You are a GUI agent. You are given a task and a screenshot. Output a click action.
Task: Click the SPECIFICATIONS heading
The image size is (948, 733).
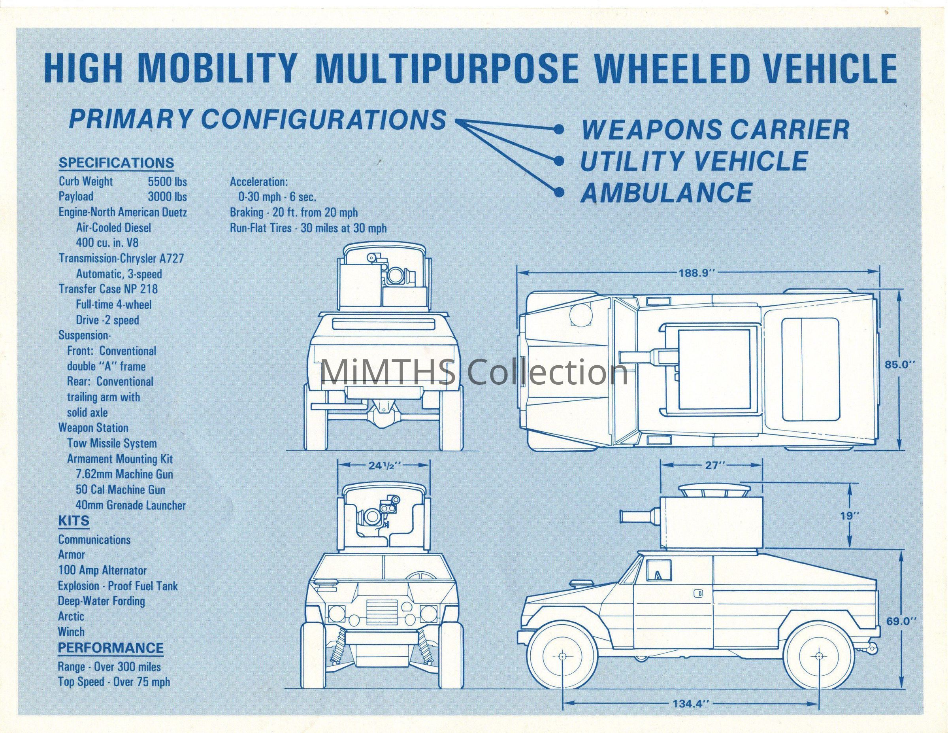(x=116, y=163)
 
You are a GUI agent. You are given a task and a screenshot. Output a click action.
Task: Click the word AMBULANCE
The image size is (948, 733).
(x=666, y=193)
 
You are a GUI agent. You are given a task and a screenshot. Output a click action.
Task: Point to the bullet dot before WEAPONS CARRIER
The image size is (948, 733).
(x=560, y=129)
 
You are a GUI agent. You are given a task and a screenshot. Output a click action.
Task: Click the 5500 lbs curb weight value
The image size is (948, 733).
(x=167, y=181)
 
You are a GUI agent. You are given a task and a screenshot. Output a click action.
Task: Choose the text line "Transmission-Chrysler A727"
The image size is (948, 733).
(x=121, y=259)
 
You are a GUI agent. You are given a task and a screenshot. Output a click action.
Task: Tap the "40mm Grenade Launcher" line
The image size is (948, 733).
(x=130, y=505)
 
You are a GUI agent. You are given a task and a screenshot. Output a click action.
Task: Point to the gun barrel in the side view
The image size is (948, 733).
(x=639, y=517)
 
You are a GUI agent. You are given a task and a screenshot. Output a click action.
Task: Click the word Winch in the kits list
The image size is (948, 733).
(x=72, y=631)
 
